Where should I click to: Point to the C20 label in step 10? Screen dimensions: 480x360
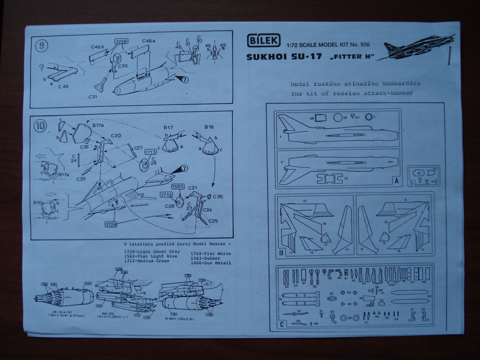point(116,135)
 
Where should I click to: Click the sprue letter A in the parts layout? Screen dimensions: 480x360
point(397,180)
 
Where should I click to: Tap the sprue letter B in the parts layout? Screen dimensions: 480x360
point(281,254)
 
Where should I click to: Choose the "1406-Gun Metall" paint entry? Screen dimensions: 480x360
point(211,263)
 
